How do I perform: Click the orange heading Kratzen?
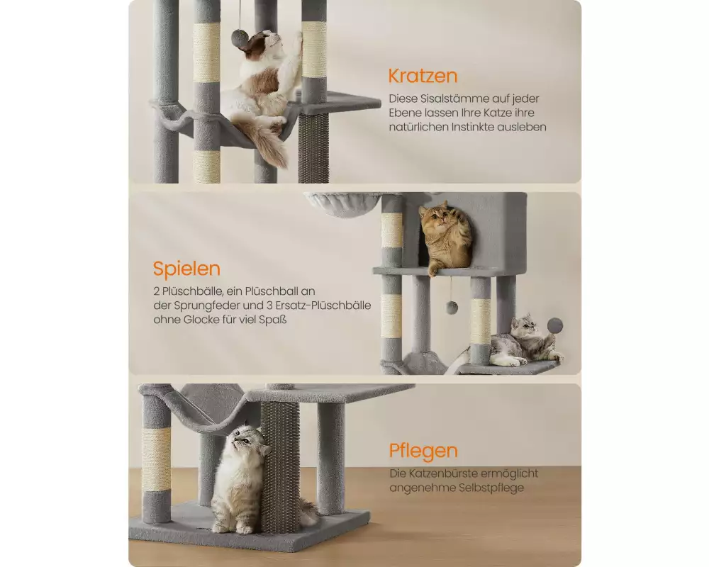(x=423, y=76)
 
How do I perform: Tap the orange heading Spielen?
(x=186, y=269)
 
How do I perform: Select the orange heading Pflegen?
(x=424, y=451)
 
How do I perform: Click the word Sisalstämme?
(x=459, y=99)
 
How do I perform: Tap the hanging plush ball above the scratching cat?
(x=239, y=38)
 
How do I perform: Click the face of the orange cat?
(x=435, y=220)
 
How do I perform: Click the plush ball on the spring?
(x=555, y=325)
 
